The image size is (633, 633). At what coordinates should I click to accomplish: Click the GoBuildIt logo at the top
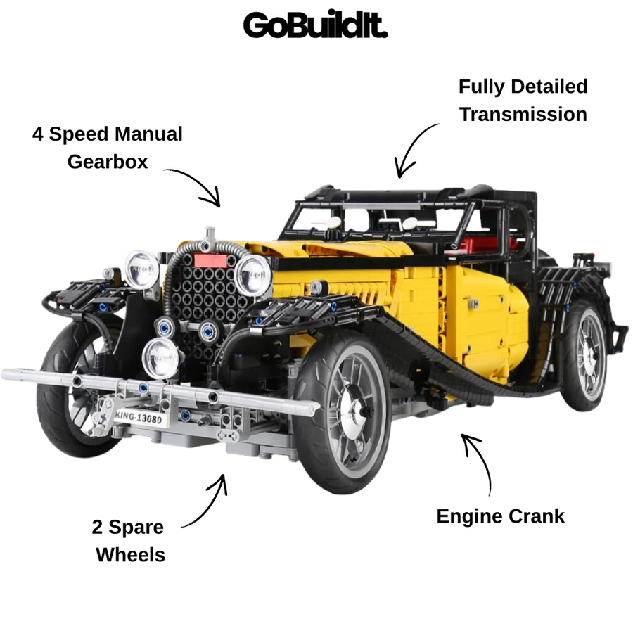[315, 25]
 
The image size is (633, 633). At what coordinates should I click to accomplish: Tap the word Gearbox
[108, 162]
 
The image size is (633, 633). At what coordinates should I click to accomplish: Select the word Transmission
[523, 114]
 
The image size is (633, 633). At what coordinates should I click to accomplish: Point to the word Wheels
[130, 555]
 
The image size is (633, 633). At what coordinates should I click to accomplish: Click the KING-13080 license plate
[139, 417]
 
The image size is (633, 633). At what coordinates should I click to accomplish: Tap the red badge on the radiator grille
[210, 260]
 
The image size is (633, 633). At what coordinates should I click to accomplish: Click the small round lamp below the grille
[160, 358]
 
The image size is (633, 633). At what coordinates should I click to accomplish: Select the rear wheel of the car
[584, 355]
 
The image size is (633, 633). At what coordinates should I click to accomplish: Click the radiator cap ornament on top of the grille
[210, 238]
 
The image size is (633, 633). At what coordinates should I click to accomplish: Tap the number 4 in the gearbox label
[37, 134]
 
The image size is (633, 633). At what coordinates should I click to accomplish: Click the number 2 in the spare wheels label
[97, 527]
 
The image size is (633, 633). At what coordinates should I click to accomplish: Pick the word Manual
[148, 134]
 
